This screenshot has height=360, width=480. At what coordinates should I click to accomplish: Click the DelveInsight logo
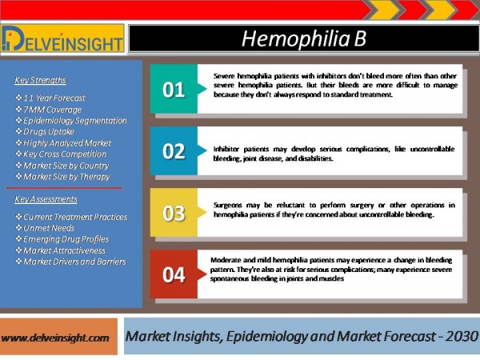(x=62, y=38)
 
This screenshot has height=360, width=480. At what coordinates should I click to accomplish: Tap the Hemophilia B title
(x=304, y=39)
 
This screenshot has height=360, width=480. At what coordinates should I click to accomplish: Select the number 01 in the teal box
(x=174, y=90)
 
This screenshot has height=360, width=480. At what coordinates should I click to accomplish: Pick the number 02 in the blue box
(x=174, y=151)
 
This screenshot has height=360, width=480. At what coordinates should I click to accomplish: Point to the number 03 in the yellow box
(x=174, y=213)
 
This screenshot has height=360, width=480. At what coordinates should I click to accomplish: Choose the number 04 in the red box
(x=174, y=274)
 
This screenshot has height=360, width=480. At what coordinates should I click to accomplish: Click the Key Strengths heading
(x=40, y=80)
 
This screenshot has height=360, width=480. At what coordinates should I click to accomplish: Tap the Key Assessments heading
(x=46, y=199)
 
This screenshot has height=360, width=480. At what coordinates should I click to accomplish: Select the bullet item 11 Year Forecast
(x=54, y=98)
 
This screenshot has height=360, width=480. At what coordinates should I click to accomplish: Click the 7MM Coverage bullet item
(x=53, y=110)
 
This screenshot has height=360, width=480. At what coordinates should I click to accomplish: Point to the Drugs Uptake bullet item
(x=49, y=132)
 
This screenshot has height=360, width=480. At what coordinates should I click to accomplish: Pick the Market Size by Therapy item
(x=66, y=177)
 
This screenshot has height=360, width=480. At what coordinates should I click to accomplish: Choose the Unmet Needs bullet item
(x=49, y=228)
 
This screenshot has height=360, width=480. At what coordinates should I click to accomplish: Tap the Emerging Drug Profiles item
(x=66, y=239)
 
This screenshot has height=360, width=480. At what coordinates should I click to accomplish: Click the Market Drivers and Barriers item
(x=74, y=262)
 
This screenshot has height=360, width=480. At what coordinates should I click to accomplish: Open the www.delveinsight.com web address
(x=55, y=338)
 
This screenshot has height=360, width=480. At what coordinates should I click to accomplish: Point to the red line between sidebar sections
(x=64, y=188)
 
